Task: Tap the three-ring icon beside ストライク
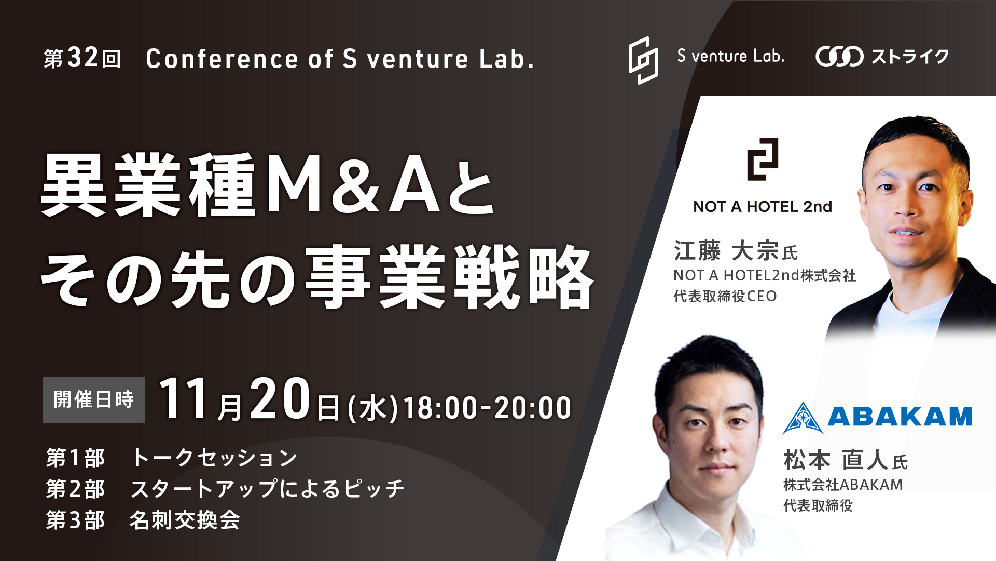(839, 57)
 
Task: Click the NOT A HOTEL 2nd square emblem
(762, 159)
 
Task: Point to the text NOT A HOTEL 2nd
(763, 207)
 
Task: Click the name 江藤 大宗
(726, 251)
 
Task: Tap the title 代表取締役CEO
(725, 296)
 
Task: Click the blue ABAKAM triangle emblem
(803, 418)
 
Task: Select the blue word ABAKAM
(900, 417)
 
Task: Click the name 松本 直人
(836, 460)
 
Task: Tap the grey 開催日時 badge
(94, 399)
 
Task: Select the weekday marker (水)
(372, 408)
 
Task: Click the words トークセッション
(214, 458)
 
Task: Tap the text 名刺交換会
(185, 520)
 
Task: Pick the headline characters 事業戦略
(449, 277)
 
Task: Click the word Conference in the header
(223, 59)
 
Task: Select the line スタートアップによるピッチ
(267, 489)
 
